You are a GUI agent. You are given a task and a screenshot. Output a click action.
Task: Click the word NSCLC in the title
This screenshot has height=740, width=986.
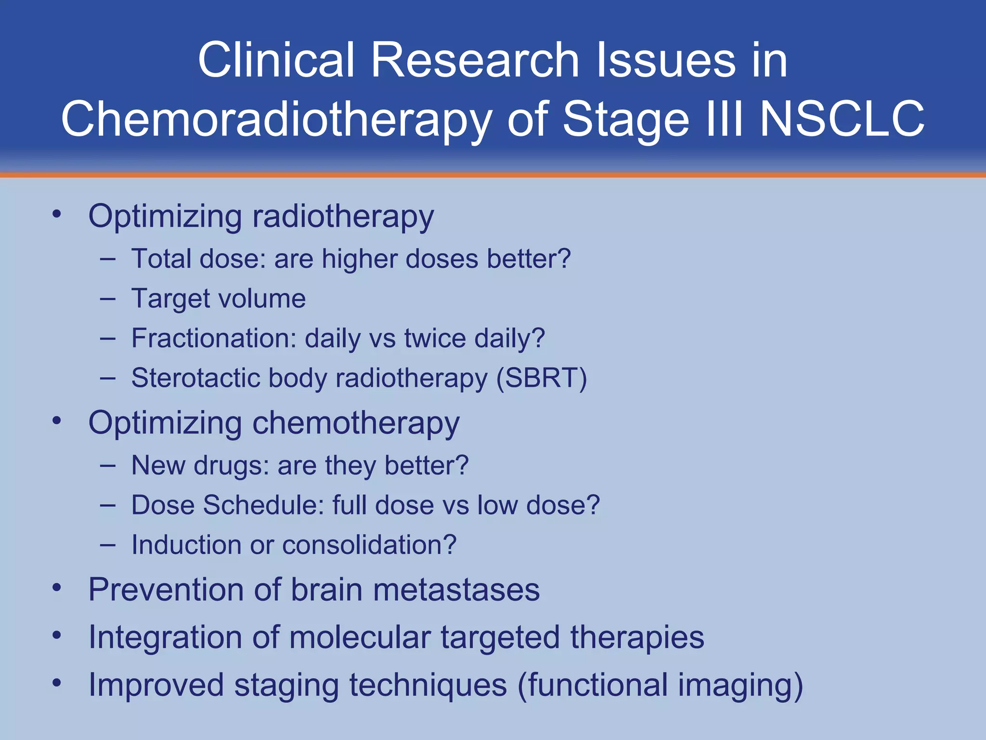tap(842, 119)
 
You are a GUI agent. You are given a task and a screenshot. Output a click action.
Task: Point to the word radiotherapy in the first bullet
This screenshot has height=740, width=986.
tap(343, 217)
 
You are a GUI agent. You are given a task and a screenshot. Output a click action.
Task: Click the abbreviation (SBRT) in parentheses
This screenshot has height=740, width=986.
tap(542, 378)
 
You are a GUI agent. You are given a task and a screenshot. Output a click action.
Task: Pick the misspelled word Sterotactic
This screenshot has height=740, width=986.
tap(195, 378)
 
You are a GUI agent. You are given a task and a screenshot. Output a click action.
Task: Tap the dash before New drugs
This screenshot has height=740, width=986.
tap(108, 466)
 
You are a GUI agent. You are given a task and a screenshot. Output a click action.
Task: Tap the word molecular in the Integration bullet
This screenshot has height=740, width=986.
tap(359, 637)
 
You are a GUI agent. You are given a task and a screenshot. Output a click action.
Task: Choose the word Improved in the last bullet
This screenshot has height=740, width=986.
tap(156, 685)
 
